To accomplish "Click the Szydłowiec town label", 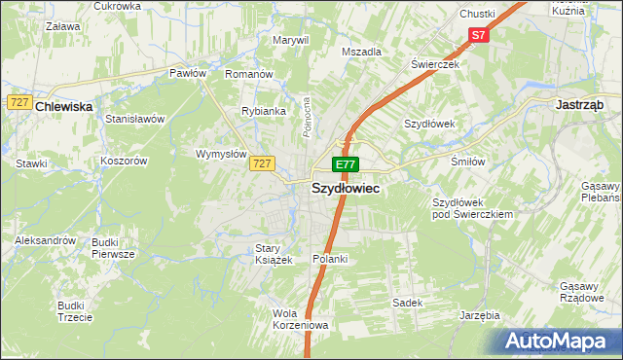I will tap(345, 191).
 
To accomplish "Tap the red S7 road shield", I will tap(477, 35).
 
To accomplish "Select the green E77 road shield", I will tap(346, 164).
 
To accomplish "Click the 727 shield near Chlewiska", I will tap(18, 101).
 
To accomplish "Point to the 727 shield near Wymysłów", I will tap(259, 163).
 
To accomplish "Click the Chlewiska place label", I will tap(63, 108).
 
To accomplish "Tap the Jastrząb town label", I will tap(580, 103).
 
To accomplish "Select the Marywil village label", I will tap(290, 40).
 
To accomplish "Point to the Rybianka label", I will tap(264, 111).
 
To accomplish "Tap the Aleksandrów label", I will tap(45, 239).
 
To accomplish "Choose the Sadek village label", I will tap(407, 303).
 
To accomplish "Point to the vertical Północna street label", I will tap(306, 115).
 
